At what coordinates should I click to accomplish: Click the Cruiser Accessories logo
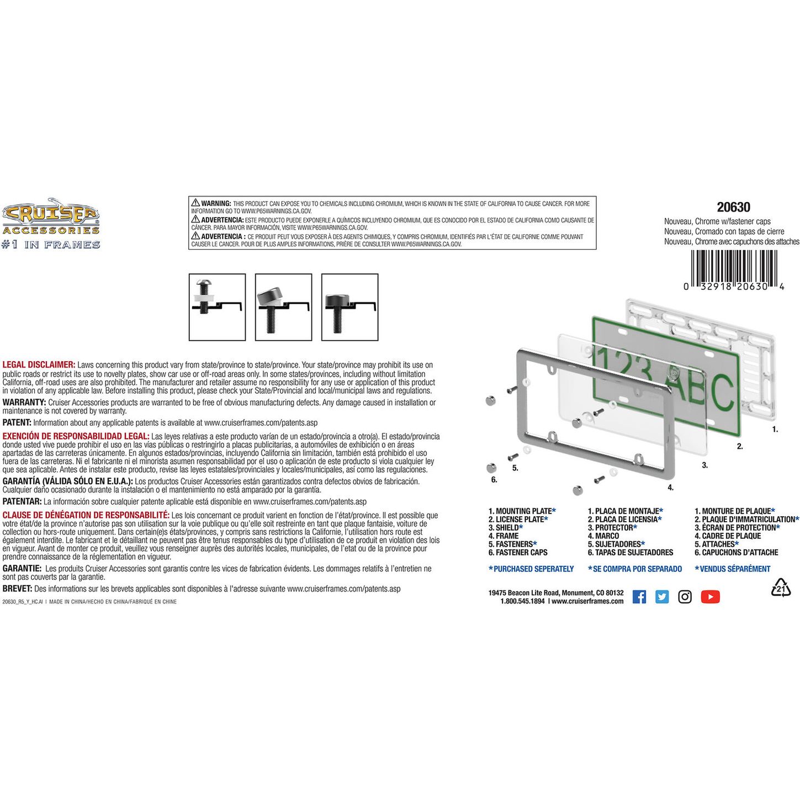tap(51, 223)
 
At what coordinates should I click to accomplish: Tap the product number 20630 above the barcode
tap(734, 207)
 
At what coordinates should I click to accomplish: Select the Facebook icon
tap(639, 597)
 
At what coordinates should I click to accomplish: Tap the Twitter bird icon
tap(662, 597)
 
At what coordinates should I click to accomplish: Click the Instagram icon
tap(685, 597)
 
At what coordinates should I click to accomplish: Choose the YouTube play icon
tap(711, 597)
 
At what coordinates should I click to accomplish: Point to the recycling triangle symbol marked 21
tap(781, 587)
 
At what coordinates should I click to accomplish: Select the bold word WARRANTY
tap(24, 402)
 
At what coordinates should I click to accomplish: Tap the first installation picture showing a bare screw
tap(217, 307)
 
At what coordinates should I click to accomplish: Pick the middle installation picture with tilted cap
tap(284, 307)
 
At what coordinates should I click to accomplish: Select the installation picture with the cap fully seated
tap(350, 307)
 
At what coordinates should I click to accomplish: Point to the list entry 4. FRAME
tap(504, 536)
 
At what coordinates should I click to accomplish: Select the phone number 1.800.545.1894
tap(522, 601)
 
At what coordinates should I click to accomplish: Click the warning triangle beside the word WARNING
tap(195, 203)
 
